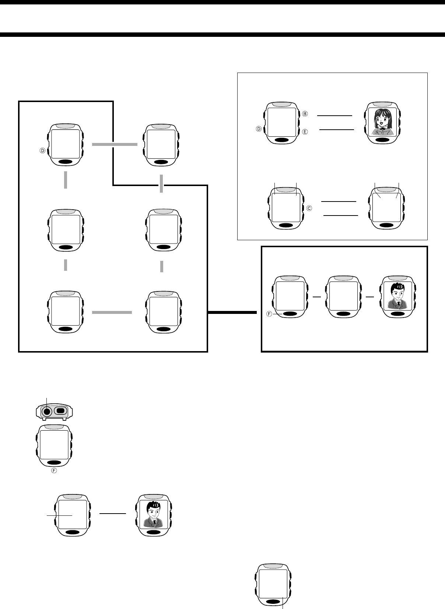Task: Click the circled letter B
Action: point(305,114)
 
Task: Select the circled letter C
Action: point(309,208)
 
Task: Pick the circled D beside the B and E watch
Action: point(259,129)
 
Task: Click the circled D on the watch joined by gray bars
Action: point(42,150)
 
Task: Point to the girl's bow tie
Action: point(382,130)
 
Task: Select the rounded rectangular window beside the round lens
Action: point(60,410)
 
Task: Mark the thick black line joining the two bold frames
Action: point(232,312)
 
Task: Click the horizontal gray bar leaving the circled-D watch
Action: point(114,145)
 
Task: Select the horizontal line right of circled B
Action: point(334,116)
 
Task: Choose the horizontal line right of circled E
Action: point(336,129)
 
